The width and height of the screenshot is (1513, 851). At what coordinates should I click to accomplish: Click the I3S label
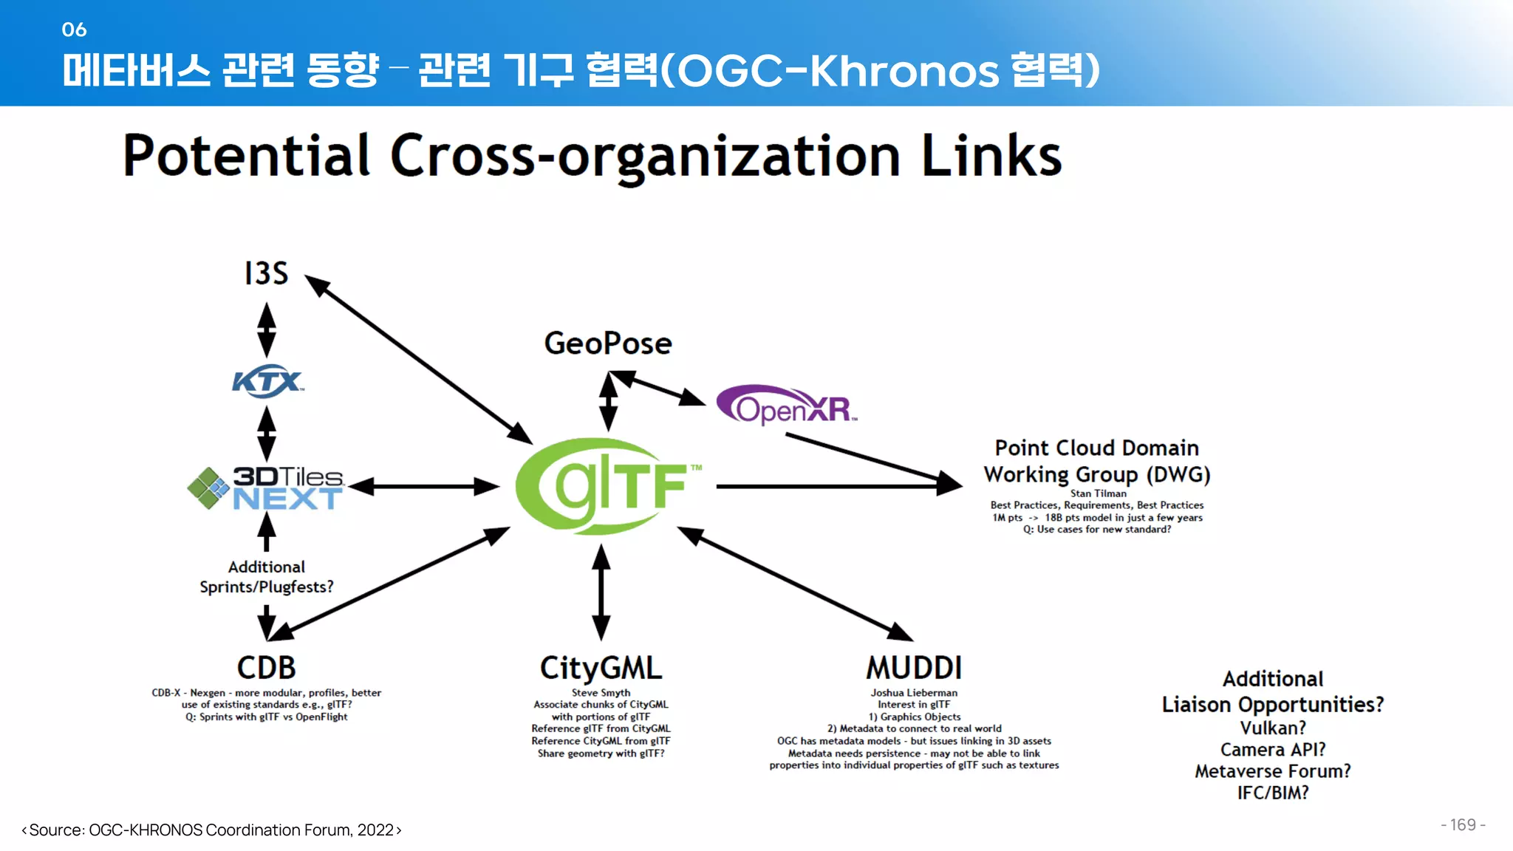click(x=266, y=273)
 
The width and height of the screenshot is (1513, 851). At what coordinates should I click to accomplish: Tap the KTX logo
click(x=267, y=381)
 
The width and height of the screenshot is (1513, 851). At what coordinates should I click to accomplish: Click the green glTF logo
click(x=608, y=486)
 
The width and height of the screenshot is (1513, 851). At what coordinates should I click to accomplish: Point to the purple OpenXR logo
click(x=786, y=406)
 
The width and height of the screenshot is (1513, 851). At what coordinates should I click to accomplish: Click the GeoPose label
click(x=608, y=344)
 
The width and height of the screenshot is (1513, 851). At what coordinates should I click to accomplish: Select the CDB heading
click(x=266, y=668)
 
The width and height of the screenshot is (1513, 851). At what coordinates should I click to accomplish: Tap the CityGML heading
click(x=601, y=668)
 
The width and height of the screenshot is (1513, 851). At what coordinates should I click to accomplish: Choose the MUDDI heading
click(x=914, y=668)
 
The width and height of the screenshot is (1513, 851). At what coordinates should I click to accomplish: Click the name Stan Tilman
click(x=1098, y=493)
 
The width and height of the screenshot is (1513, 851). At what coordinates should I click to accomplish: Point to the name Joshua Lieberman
click(x=914, y=693)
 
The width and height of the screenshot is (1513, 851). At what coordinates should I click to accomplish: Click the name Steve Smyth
click(x=601, y=693)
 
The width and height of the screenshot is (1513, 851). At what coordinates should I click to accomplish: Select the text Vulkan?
click(x=1272, y=728)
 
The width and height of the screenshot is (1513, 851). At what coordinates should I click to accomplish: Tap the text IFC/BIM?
click(x=1272, y=793)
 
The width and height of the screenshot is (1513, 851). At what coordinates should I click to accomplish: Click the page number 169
click(x=1462, y=825)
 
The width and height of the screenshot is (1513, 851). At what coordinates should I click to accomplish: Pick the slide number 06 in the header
click(x=74, y=30)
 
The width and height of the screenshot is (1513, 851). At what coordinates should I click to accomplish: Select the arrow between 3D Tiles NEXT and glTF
click(x=424, y=486)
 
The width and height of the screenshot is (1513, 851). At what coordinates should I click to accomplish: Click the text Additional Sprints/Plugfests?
click(x=266, y=577)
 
